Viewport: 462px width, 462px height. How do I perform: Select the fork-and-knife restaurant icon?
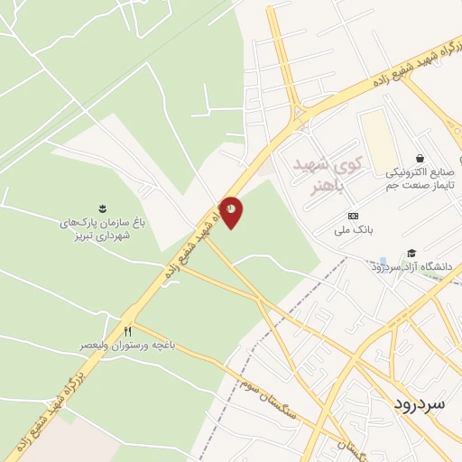127,332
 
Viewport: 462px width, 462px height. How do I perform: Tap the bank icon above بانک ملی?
353,217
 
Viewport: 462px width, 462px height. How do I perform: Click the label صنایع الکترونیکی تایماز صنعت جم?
422,178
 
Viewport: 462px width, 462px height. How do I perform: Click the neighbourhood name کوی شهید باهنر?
328,174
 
